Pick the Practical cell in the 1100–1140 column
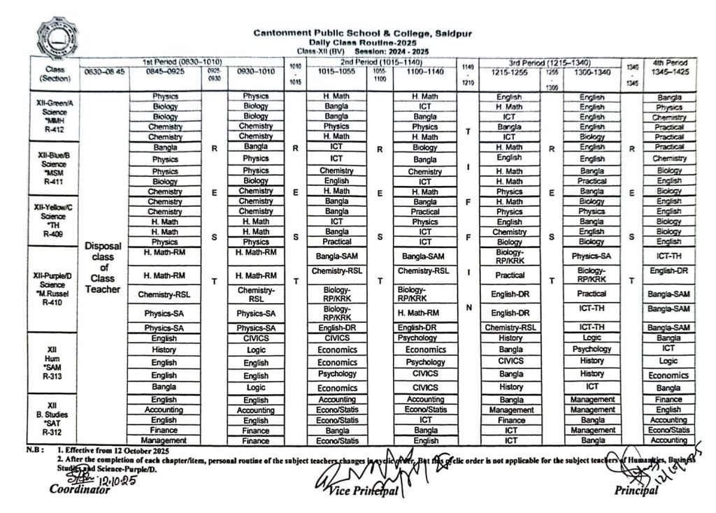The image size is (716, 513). (x=424, y=211)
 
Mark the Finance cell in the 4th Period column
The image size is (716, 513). (x=668, y=399)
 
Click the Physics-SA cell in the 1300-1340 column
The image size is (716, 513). (x=592, y=256)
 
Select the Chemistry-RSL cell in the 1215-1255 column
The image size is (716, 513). (x=510, y=327)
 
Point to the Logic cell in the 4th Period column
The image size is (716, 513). (x=668, y=361)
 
